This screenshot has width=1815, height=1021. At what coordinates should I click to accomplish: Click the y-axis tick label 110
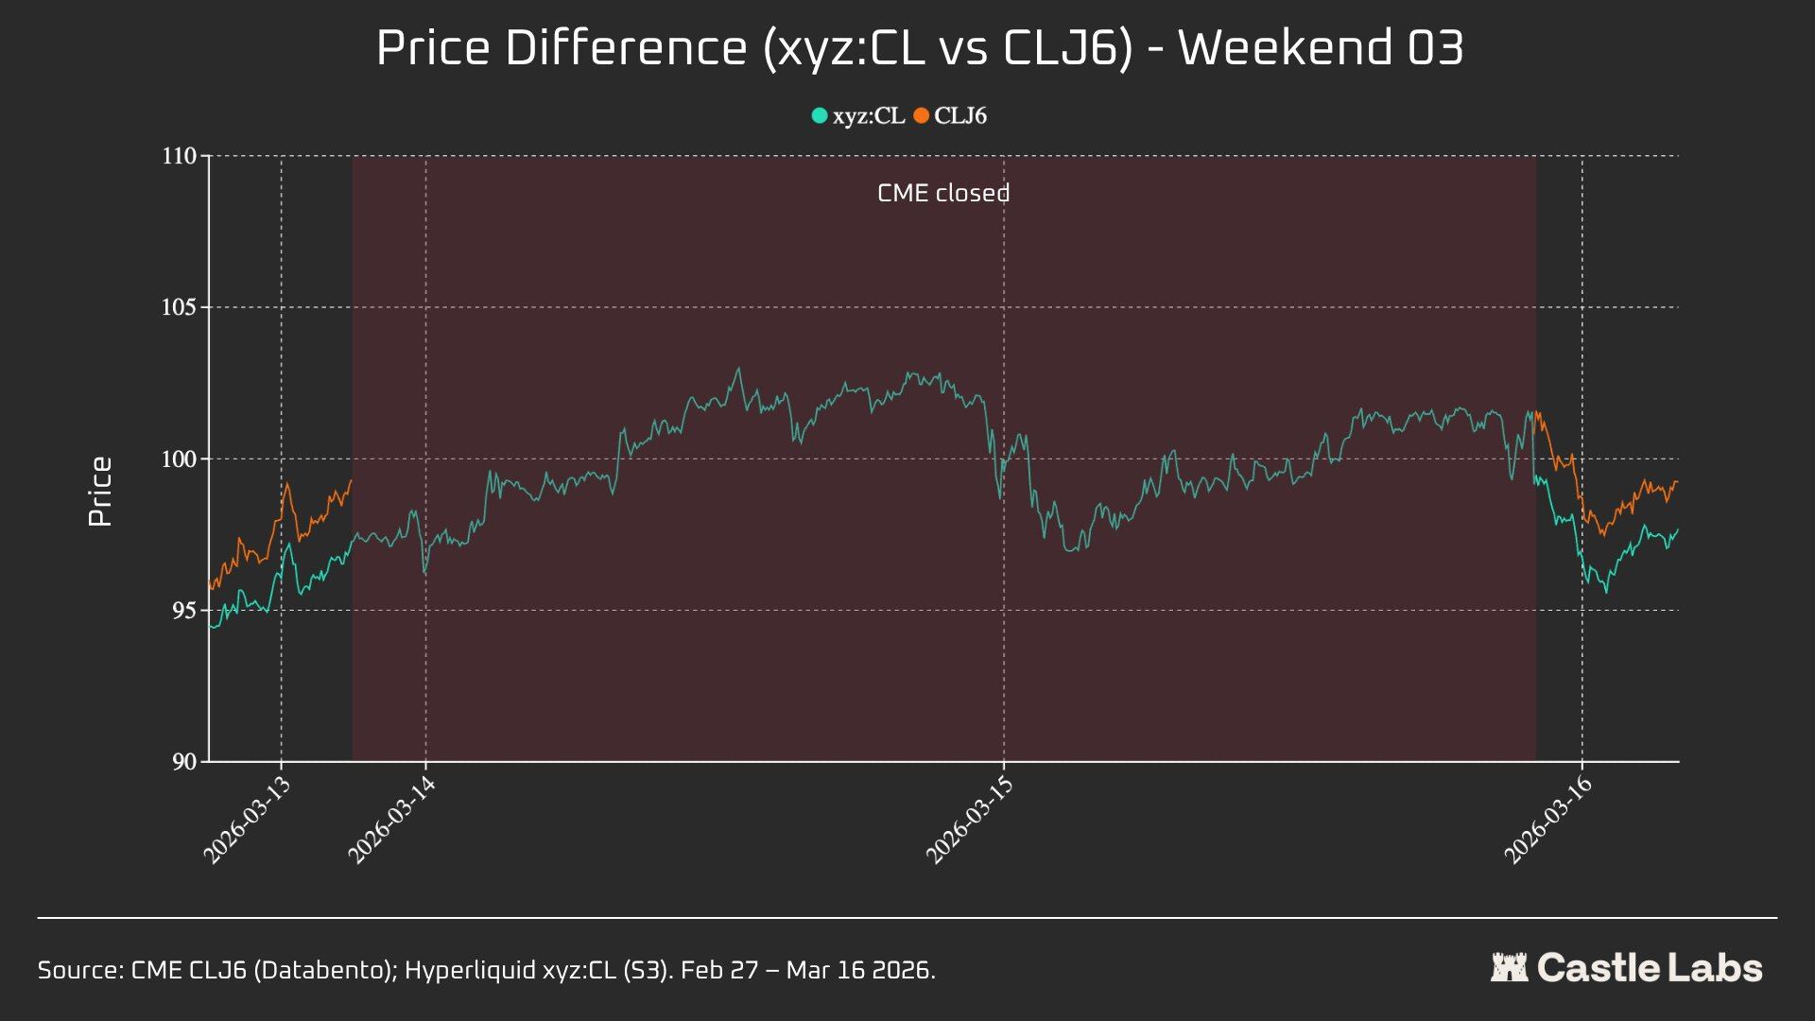(x=179, y=156)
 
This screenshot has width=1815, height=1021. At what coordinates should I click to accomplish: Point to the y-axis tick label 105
(x=179, y=307)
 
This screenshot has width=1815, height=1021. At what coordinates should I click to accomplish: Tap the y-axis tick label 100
(x=179, y=459)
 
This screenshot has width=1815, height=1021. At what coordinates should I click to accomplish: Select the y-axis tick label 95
(x=184, y=611)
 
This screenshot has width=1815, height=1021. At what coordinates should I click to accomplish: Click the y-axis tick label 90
(x=184, y=762)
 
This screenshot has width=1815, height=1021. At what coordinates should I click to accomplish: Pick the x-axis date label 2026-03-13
(x=248, y=820)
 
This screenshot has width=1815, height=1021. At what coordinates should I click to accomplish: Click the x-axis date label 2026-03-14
(x=391, y=820)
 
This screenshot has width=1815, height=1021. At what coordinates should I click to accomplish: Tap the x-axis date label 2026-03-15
(x=970, y=820)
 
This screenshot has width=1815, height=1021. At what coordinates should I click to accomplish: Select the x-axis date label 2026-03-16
(x=1548, y=820)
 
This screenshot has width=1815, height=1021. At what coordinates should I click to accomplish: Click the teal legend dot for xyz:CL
(x=820, y=115)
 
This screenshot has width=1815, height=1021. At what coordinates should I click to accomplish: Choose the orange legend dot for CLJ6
(x=921, y=115)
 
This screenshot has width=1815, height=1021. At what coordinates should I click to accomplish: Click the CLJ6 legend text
(x=960, y=115)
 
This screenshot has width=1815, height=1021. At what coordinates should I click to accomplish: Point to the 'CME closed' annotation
(x=943, y=193)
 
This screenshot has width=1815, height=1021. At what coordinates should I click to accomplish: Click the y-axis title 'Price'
(x=100, y=492)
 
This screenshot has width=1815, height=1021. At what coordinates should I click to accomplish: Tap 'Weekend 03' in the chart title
(x=1321, y=47)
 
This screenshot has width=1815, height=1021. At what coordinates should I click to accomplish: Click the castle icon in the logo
(x=1509, y=967)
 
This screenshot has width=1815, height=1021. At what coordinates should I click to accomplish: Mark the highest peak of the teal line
(x=738, y=369)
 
